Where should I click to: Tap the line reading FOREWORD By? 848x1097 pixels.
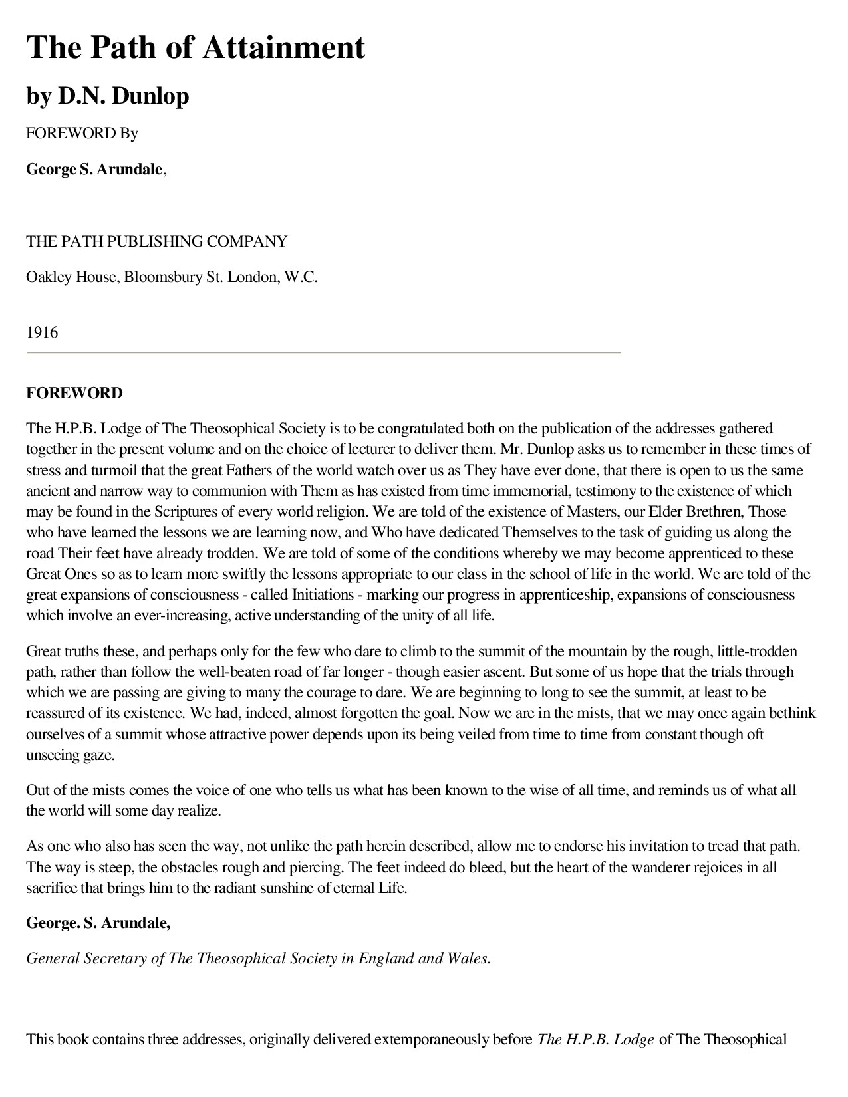click(x=82, y=133)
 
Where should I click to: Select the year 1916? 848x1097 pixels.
click(x=42, y=332)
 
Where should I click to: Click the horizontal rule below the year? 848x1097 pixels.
click(x=323, y=352)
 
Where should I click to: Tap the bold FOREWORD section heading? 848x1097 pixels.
click(x=74, y=393)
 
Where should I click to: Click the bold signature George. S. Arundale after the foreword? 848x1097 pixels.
click(x=98, y=923)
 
